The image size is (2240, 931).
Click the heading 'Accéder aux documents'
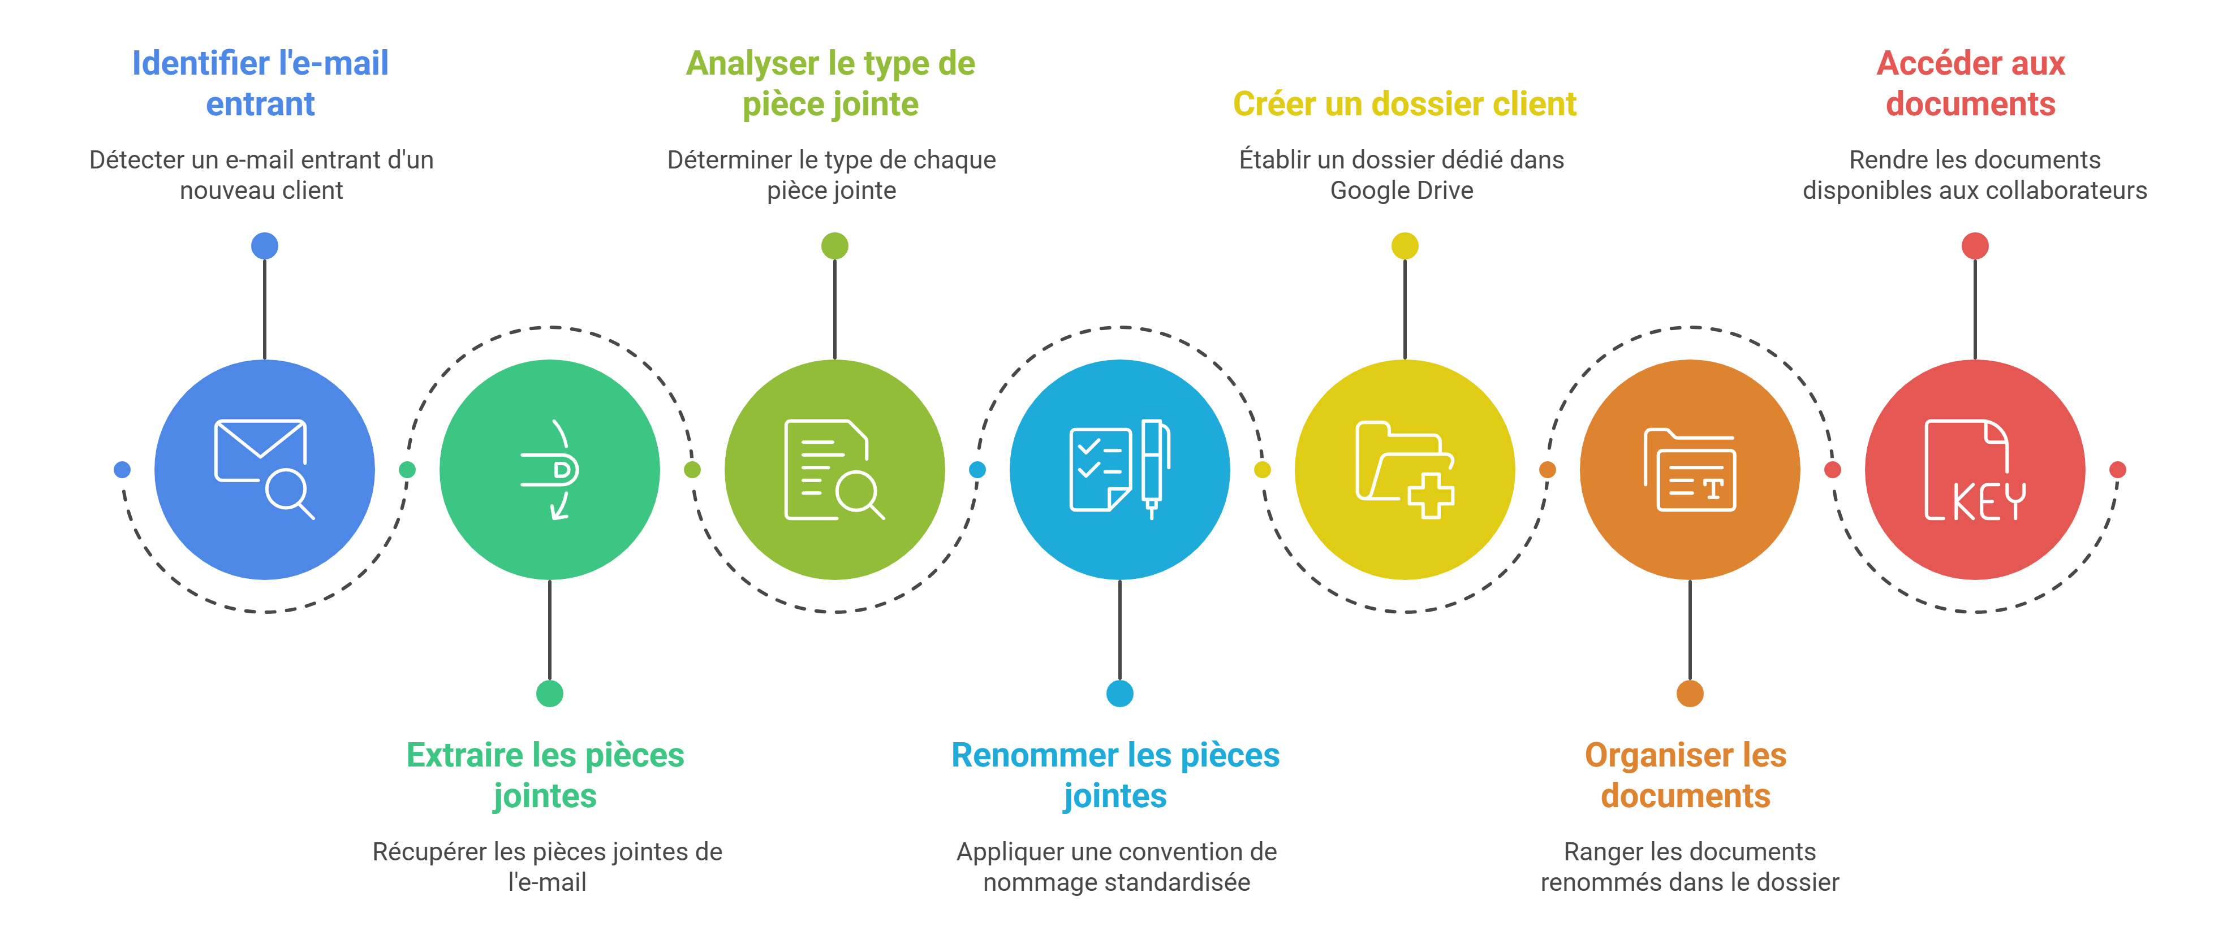1970,84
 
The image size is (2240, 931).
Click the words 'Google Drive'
1401,190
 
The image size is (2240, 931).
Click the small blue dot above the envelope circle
264,246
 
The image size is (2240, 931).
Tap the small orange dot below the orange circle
1690,694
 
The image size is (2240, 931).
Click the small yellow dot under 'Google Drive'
1405,246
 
